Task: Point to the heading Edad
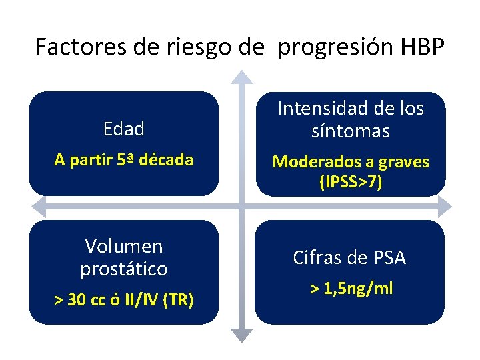point(124,129)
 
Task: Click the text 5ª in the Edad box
point(137,160)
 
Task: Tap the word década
point(171,160)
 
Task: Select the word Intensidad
point(323,109)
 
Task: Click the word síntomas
point(350,131)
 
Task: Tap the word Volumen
point(124,246)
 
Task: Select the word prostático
point(124,269)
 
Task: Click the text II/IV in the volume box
point(147,301)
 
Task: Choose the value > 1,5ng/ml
point(351,289)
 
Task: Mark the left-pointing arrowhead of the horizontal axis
point(37,205)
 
